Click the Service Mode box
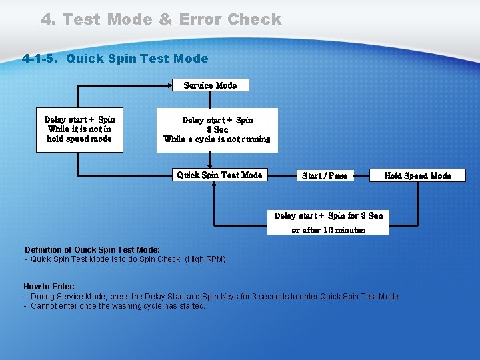(x=210, y=85)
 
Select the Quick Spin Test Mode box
(x=219, y=175)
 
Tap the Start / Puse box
(x=325, y=176)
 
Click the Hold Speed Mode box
(x=418, y=176)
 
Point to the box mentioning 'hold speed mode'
(x=79, y=129)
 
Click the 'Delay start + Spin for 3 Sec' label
(x=329, y=216)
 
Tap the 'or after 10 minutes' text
(x=329, y=230)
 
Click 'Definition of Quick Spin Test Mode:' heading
(x=92, y=250)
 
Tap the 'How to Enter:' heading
(x=49, y=287)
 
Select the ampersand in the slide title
(x=165, y=19)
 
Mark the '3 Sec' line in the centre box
(x=217, y=130)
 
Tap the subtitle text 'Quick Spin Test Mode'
(x=137, y=59)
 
